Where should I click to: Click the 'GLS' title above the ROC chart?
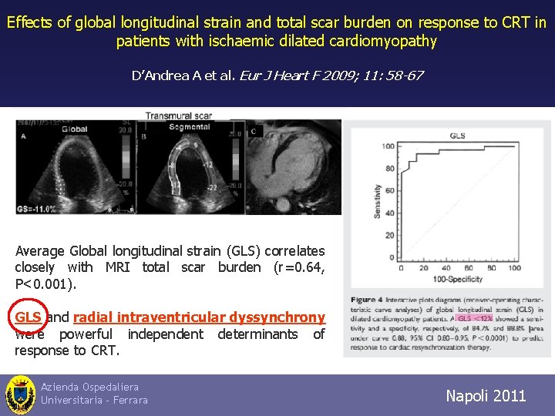[457, 136]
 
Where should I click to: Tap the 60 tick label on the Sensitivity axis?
[390, 190]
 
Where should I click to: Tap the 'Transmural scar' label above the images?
[179, 116]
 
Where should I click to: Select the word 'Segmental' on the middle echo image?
[190, 126]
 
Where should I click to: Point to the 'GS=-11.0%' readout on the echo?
[39, 208]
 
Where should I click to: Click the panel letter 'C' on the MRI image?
[254, 132]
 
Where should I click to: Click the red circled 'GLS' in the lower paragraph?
[29, 317]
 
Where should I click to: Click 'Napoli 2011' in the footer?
[486, 396]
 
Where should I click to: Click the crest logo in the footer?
[20, 394]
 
